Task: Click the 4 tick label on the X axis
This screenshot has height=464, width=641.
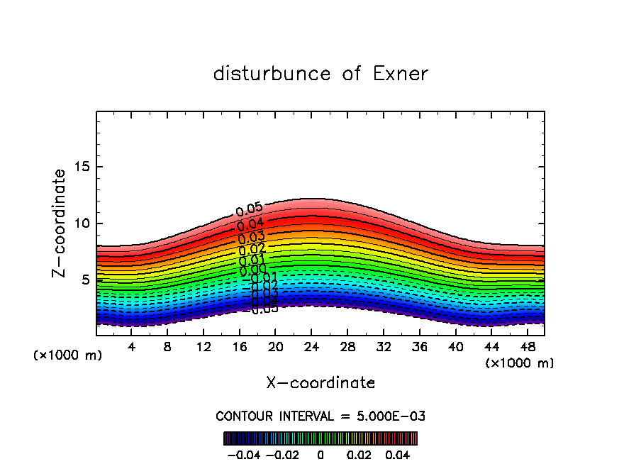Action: (132, 347)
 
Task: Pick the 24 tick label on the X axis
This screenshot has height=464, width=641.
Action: (311, 347)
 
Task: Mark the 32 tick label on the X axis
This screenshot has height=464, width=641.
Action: (383, 347)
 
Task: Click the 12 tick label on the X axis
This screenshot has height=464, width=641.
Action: (204, 347)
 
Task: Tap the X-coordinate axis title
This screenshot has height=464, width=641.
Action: (320, 383)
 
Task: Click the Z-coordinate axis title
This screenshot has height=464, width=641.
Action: (60, 223)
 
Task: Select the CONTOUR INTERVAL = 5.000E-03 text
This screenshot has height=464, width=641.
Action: (320, 416)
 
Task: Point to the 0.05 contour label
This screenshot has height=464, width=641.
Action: (250, 209)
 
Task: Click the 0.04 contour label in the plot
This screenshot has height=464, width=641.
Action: (251, 225)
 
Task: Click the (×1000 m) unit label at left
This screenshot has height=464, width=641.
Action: (68, 355)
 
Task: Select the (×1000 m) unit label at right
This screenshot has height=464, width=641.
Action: (520, 363)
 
